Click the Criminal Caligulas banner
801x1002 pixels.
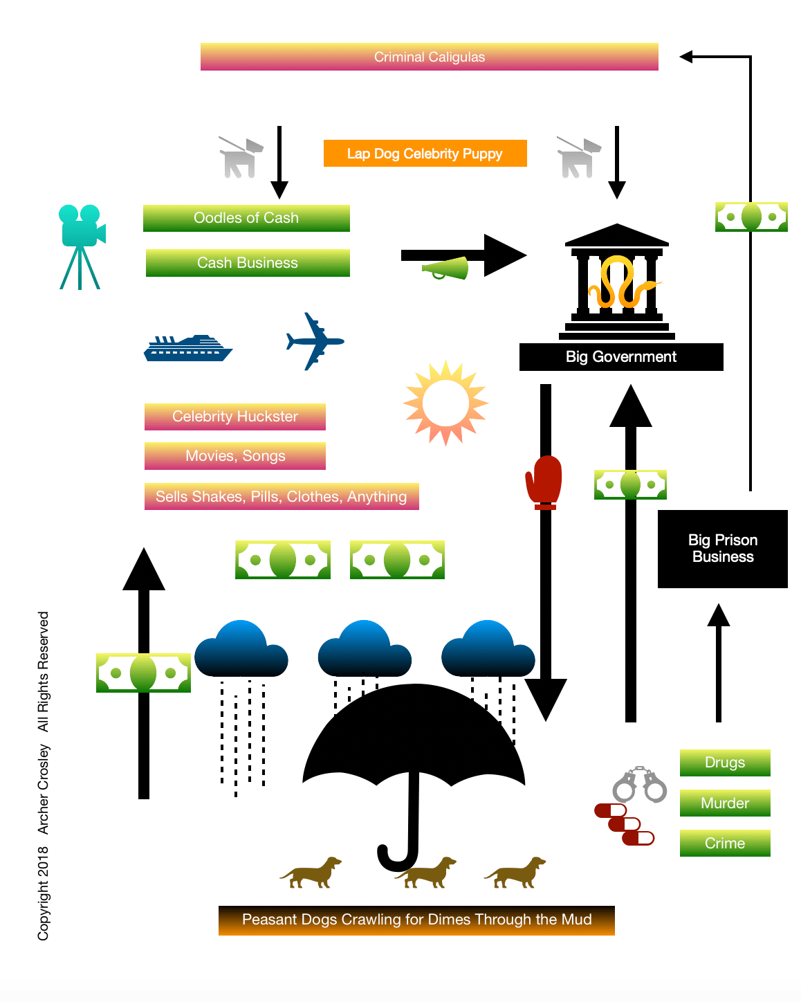(x=429, y=57)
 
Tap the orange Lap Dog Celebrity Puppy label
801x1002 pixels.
(x=425, y=154)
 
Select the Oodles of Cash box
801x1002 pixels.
(x=246, y=218)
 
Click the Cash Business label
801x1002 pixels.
(x=248, y=263)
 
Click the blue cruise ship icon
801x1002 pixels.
(x=187, y=348)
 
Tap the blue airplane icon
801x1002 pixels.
(x=315, y=341)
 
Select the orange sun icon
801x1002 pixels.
(x=445, y=403)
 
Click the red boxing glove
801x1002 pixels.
(x=544, y=482)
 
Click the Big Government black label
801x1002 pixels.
(x=621, y=357)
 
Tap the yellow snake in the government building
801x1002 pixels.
(x=618, y=282)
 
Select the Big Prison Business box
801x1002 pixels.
(x=723, y=549)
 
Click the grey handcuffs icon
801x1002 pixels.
(x=640, y=785)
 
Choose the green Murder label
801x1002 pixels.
(x=725, y=803)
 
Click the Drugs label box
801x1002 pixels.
(x=725, y=763)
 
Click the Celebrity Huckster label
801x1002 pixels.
(x=235, y=417)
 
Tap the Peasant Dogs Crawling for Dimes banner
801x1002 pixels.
(x=416, y=920)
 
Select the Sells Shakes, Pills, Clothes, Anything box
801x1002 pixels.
(x=282, y=497)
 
